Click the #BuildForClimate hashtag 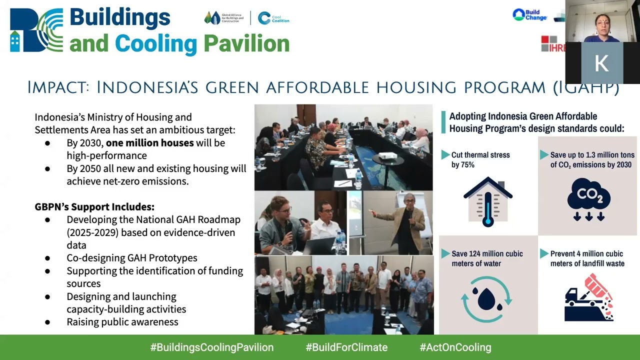coord(346,347)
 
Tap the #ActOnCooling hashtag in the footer coord(455,347)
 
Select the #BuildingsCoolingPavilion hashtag coord(212,347)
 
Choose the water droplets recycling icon coord(486,299)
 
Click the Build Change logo coord(529,15)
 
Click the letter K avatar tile coord(601,63)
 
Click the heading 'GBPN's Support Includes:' coord(94,207)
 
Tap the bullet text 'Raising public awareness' coord(122,322)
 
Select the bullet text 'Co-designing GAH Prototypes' coord(132,258)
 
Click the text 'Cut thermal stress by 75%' coord(480,160)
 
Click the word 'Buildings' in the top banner coord(120,17)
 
